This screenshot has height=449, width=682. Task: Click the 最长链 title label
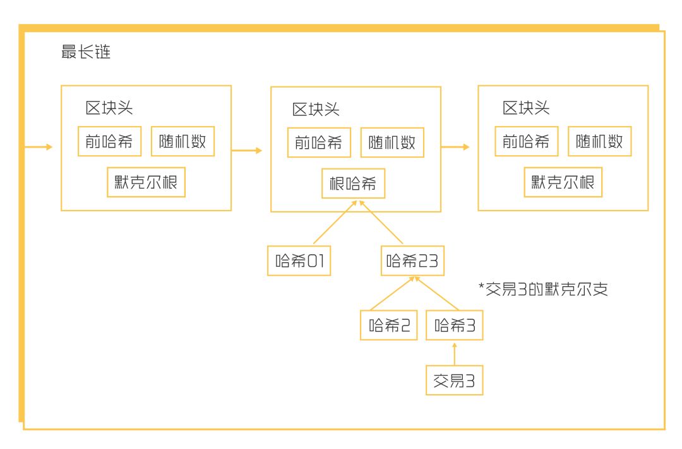(86, 52)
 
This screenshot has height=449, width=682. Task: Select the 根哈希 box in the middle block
(353, 184)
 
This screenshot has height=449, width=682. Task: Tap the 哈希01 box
(299, 260)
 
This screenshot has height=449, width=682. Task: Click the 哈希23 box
(412, 260)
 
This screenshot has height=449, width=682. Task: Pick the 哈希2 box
(389, 325)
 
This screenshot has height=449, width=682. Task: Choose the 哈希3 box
(454, 325)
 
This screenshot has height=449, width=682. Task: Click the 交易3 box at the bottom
(454, 380)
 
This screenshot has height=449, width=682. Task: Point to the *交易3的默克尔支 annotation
(543, 289)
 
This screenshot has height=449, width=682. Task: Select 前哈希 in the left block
(110, 141)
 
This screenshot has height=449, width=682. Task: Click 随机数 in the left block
(182, 141)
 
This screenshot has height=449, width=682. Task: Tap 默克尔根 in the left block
(146, 182)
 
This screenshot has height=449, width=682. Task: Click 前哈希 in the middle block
(319, 143)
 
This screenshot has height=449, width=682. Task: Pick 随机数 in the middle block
(392, 143)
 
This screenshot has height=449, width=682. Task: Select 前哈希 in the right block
(526, 141)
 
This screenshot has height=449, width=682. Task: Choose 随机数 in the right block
(599, 141)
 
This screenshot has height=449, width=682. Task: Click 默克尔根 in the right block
(563, 182)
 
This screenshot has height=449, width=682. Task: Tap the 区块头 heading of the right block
(526, 108)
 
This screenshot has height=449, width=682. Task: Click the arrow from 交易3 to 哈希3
(455, 354)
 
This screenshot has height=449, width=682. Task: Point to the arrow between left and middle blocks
(247, 151)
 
